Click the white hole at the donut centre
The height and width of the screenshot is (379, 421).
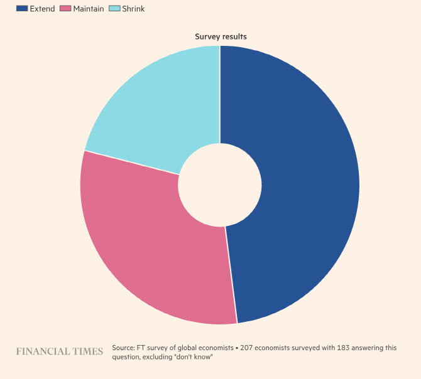click(x=220, y=184)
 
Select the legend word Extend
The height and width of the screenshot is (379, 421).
click(x=42, y=9)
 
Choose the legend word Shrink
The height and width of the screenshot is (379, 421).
click(x=133, y=9)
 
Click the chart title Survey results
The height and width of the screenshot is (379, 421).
click(x=220, y=36)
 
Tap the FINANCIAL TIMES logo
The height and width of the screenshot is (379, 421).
click(x=59, y=351)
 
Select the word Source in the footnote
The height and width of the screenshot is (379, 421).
click(x=124, y=348)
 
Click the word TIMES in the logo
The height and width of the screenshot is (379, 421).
click(x=86, y=351)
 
